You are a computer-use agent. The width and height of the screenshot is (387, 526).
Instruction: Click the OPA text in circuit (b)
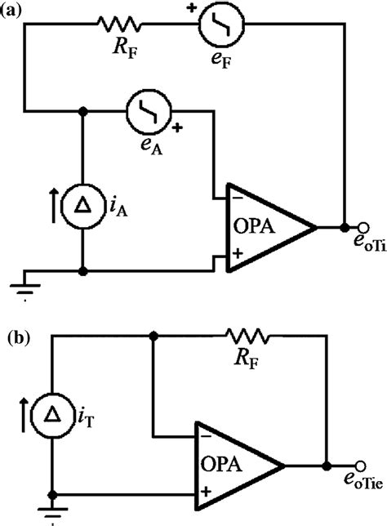226,466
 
